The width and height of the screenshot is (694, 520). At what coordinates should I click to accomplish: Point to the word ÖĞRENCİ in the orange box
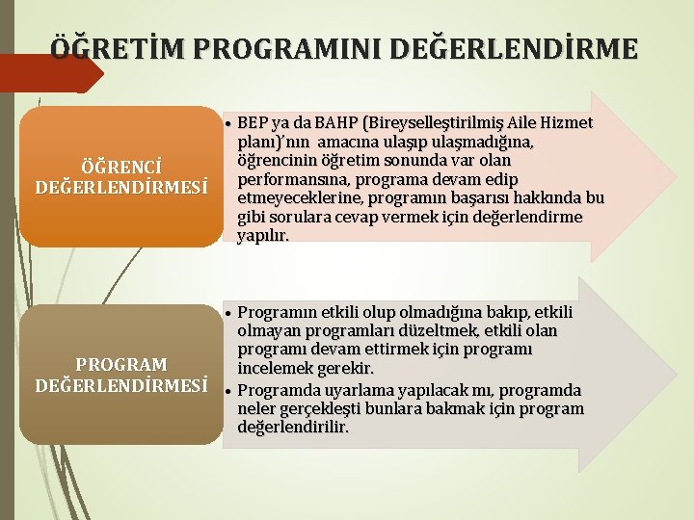(x=121, y=166)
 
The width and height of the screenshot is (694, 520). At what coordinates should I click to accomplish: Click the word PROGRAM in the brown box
(x=121, y=365)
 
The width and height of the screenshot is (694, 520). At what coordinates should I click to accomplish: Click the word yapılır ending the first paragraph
(x=262, y=236)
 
